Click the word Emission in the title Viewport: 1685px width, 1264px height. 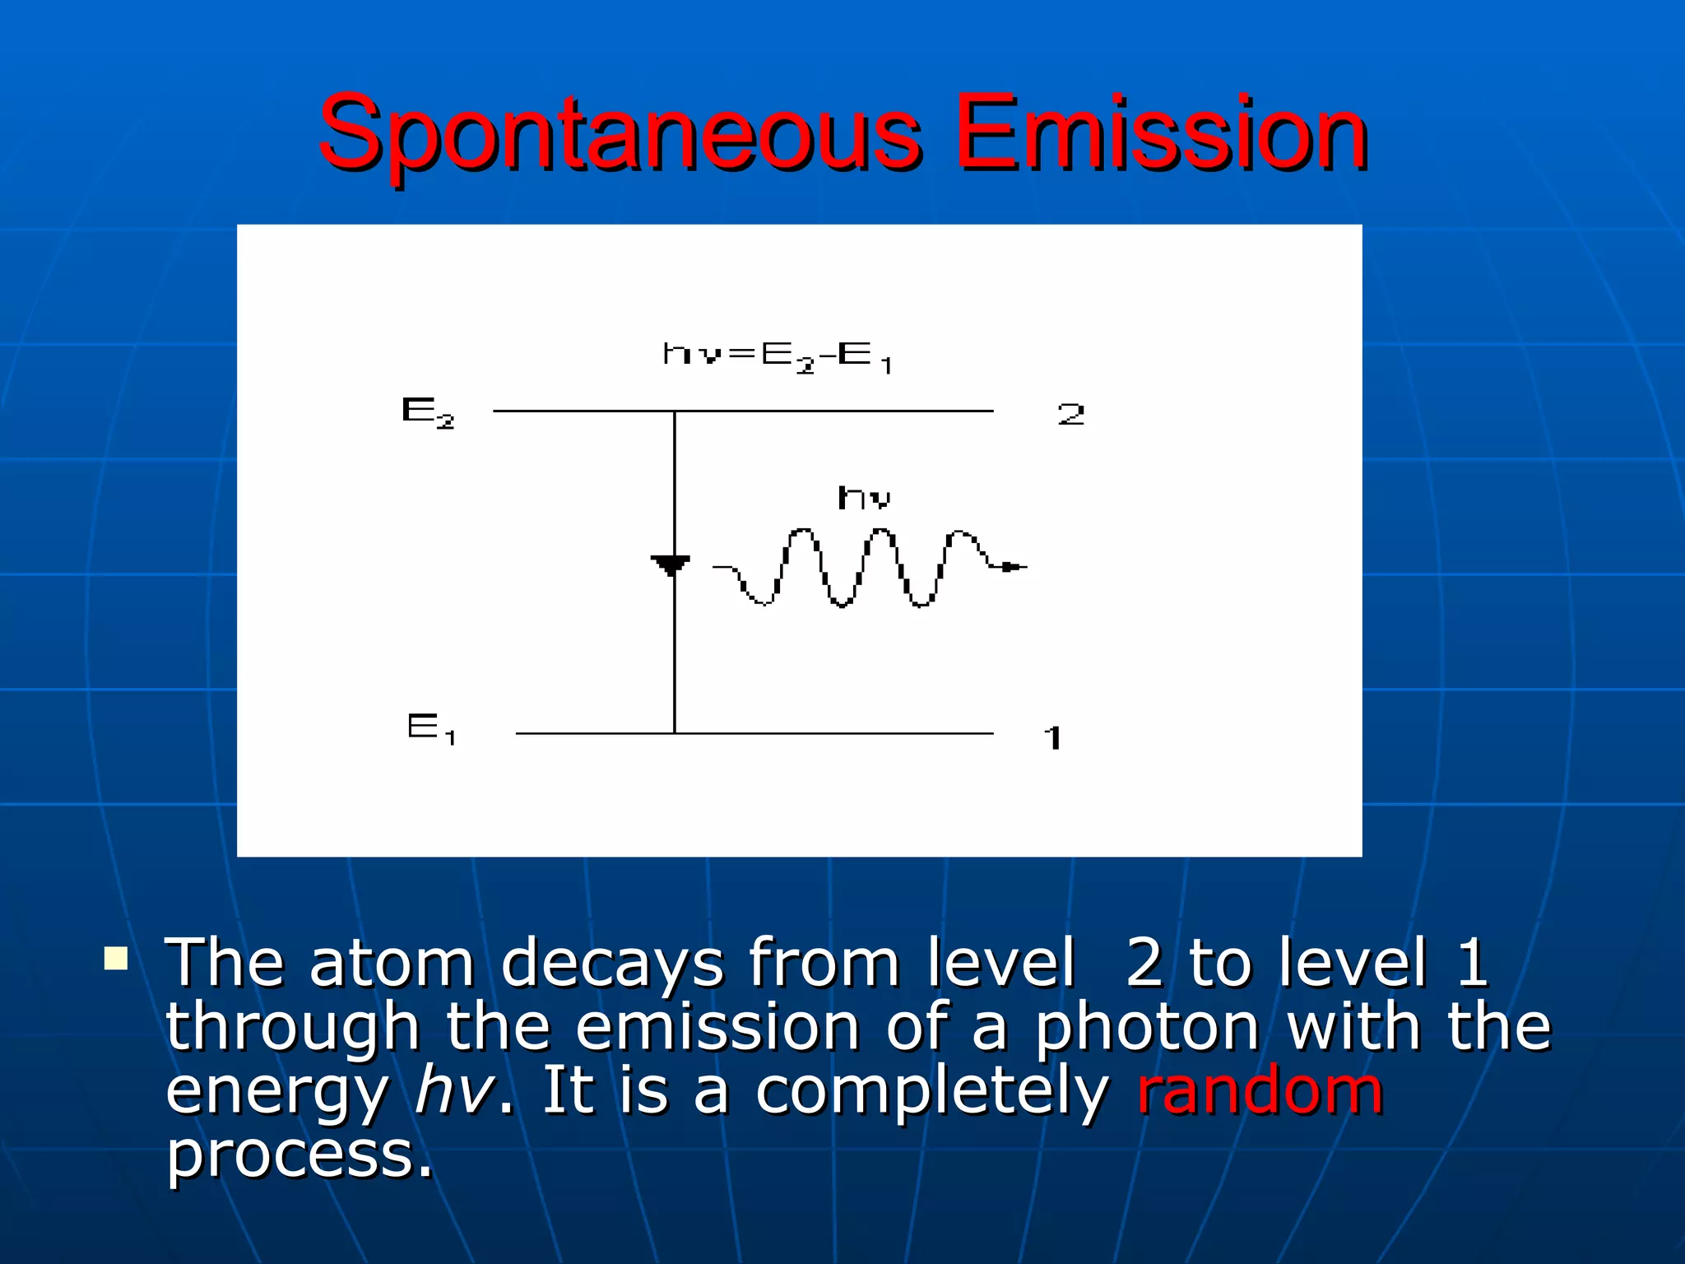click(x=1160, y=136)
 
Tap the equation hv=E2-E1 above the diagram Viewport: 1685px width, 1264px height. click(x=777, y=356)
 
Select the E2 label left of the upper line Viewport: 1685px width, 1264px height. click(x=427, y=412)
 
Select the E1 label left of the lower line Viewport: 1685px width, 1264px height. click(x=430, y=728)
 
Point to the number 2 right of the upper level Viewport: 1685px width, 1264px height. click(x=1070, y=414)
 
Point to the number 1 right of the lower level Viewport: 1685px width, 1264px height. click(x=1052, y=737)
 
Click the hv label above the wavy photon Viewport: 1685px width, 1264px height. click(x=864, y=498)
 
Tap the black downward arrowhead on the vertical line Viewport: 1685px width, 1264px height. click(x=671, y=565)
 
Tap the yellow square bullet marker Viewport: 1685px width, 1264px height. click(x=116, y=959)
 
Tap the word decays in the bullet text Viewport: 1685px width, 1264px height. click(x=612, y=963)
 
